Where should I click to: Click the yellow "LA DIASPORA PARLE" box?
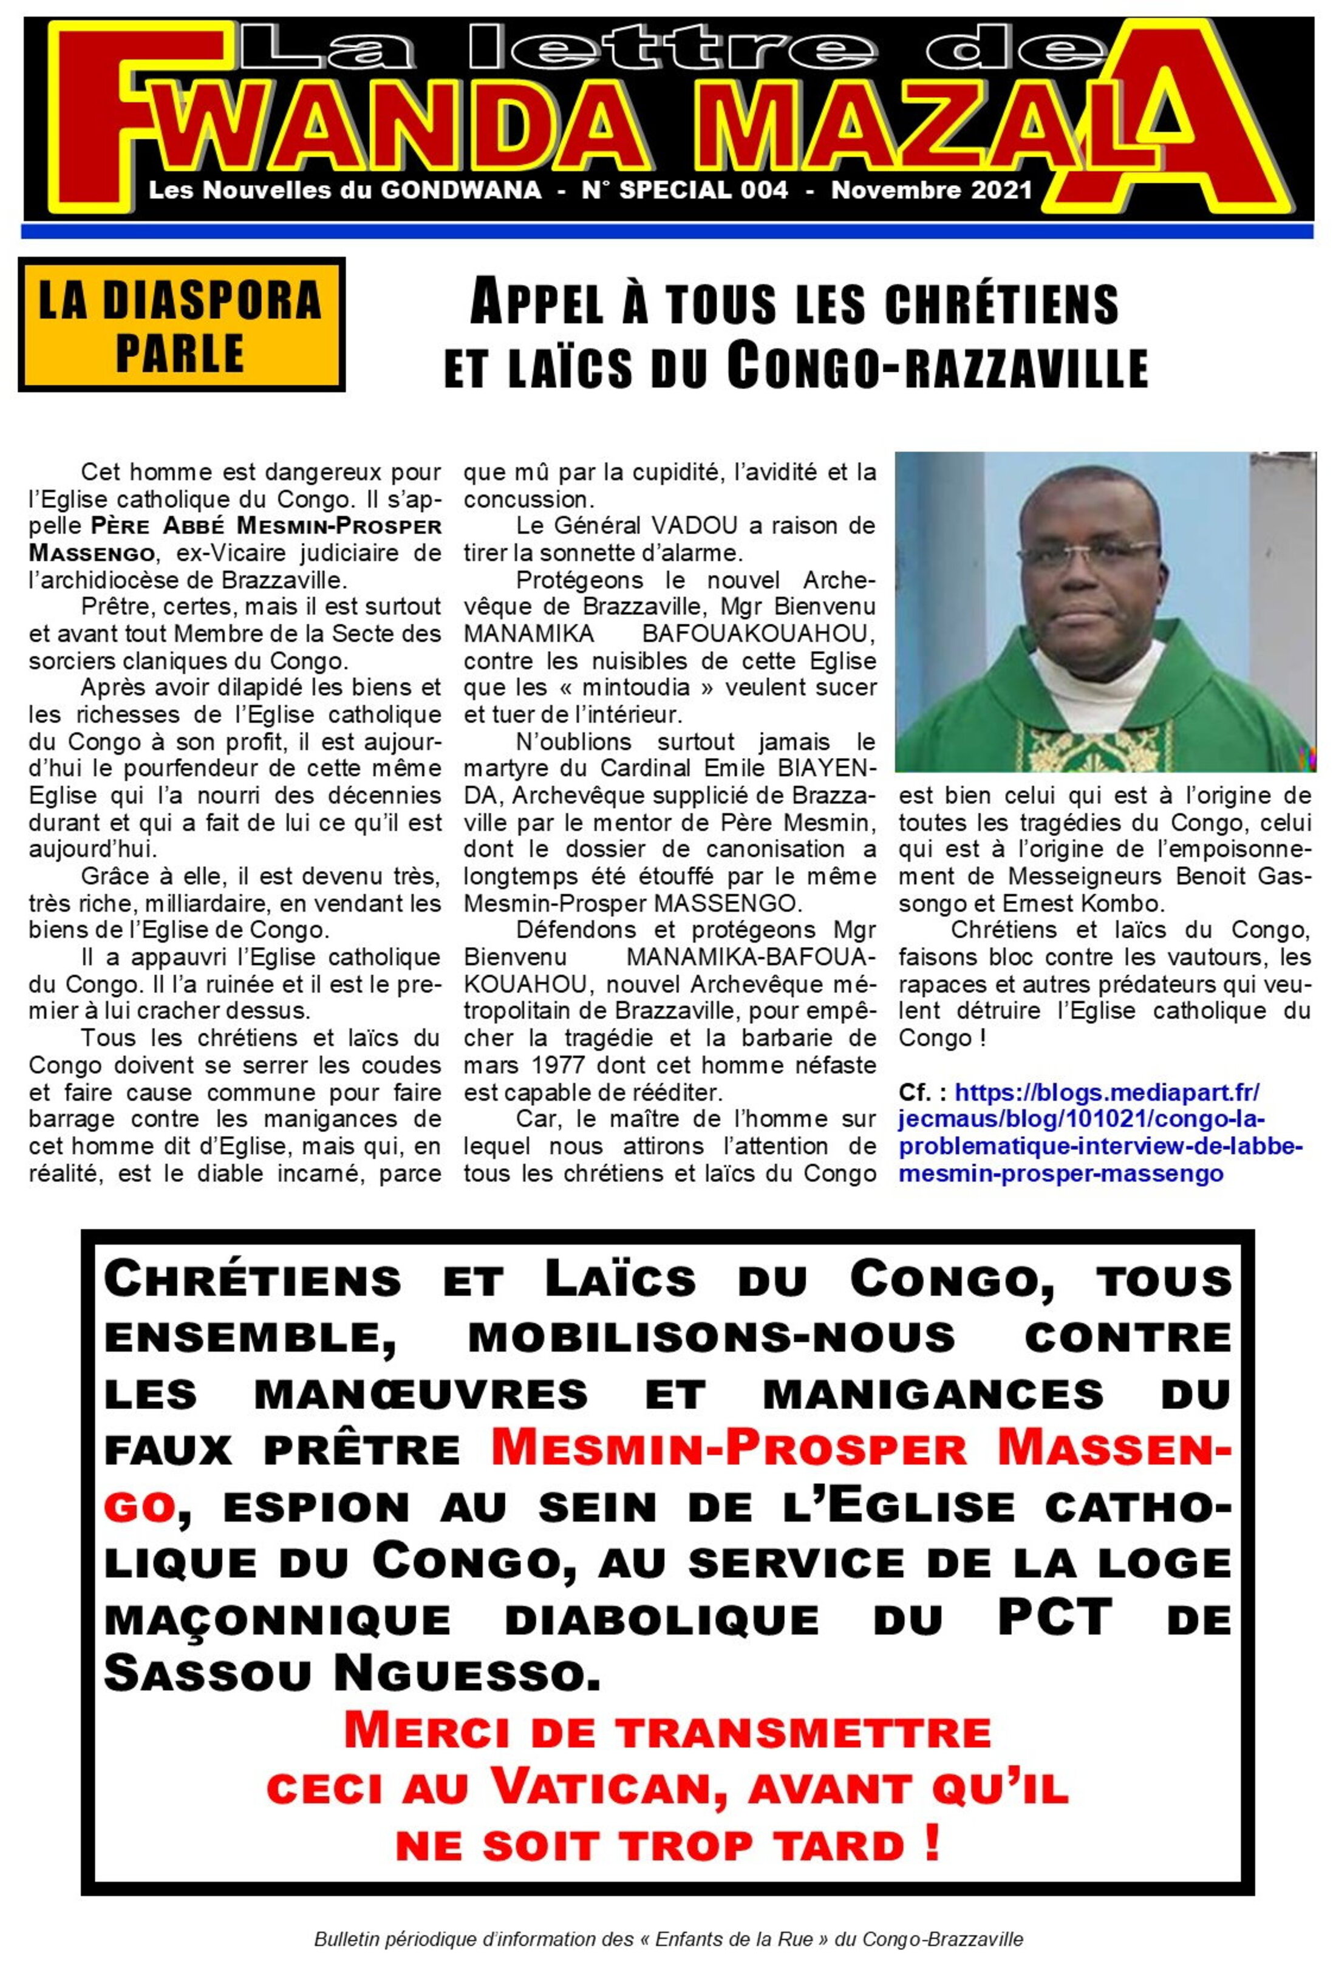180,326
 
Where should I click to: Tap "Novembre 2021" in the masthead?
931,190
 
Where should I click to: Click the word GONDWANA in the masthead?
460,190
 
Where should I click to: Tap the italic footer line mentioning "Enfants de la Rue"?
668,1939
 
